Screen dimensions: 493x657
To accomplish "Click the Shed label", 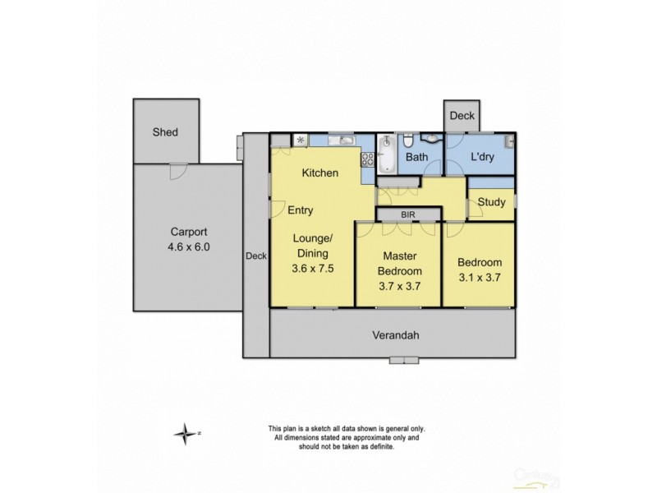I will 164,132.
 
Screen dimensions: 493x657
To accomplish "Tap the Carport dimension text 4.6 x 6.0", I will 189,245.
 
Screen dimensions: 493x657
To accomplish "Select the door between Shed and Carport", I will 174,170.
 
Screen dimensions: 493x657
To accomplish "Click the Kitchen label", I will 320,173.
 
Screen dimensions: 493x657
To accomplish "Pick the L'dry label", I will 481,157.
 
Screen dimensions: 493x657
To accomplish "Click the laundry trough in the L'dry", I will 509,141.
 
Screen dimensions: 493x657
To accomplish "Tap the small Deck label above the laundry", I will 461,117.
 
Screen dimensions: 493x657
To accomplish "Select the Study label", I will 491,201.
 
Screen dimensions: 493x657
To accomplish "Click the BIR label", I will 408,214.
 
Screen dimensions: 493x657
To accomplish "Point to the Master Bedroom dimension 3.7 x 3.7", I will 399,288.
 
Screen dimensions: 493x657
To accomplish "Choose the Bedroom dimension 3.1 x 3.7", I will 480,278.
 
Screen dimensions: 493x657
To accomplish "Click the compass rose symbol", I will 186,433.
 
